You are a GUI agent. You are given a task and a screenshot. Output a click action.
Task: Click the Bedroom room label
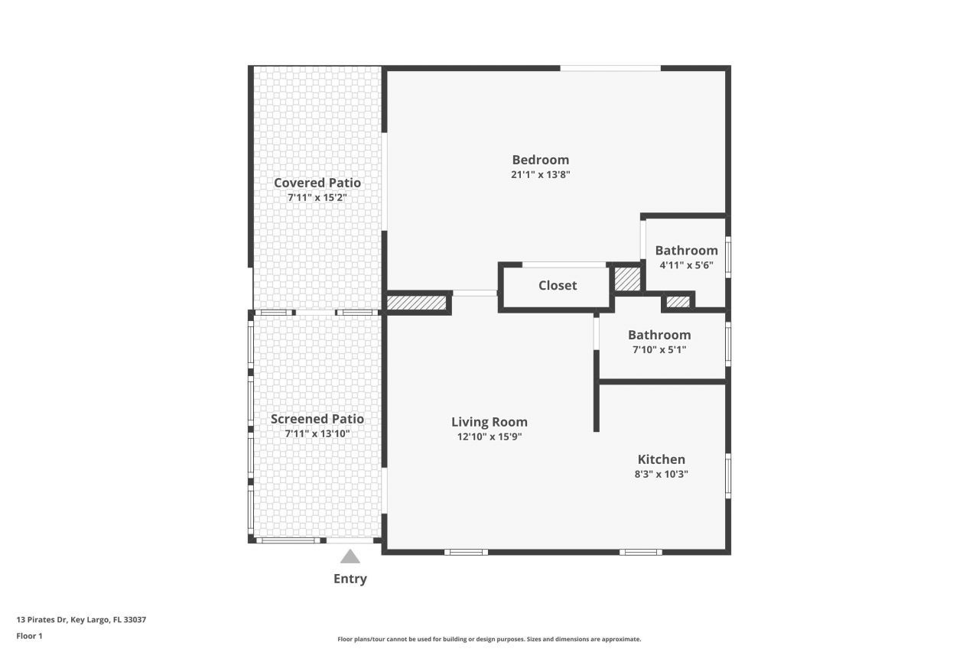point(540,160)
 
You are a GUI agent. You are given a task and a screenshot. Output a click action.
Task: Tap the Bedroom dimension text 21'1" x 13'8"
point(540,175)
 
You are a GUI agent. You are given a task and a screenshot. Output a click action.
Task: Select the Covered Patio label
point(317,183)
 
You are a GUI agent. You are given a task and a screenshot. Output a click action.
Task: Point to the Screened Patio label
point(317,419)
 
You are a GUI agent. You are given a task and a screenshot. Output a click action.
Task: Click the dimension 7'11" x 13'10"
point(317,433)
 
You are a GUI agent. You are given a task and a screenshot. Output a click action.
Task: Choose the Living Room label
point(489,422)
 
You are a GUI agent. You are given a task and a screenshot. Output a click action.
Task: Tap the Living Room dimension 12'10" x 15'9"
point(489,436)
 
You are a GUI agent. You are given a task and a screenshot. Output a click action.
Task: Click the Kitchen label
point(662,459)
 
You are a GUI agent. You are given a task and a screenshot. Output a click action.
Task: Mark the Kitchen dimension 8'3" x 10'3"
point(662,474)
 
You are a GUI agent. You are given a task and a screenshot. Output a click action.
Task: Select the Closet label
point(558,286)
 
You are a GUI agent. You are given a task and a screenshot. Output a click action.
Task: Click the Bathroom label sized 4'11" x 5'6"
point(686,251)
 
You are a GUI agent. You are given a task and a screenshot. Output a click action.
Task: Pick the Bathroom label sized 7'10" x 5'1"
point(659,335)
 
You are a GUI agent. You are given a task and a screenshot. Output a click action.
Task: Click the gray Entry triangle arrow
point(350,556)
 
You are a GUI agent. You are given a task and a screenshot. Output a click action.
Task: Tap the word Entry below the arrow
point(350,579)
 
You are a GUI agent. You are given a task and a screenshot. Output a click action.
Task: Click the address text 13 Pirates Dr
point(41,620)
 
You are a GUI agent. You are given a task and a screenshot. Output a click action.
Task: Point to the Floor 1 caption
point(29,636)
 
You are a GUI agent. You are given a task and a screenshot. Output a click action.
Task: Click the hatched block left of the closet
point(417,303)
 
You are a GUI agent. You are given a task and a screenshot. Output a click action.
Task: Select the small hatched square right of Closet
point(628,279)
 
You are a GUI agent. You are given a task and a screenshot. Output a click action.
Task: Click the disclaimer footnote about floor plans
point(489,639)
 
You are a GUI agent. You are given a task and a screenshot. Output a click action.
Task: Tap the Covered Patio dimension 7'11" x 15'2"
point(317,197)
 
